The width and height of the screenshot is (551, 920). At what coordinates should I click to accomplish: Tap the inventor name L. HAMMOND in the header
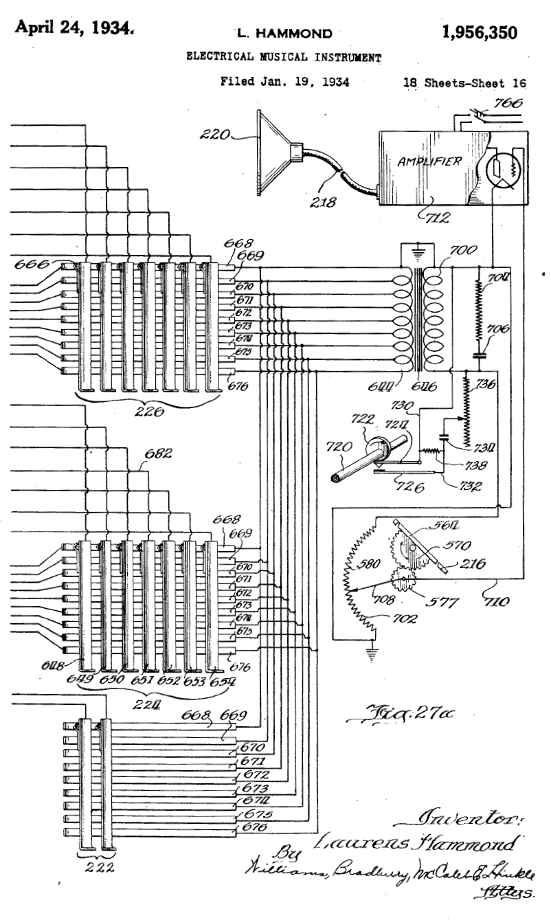(x=284, y=32)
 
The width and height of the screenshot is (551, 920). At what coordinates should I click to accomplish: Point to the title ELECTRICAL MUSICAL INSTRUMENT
(x=284, y=57)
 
